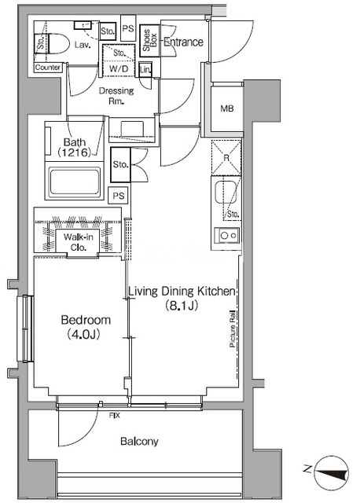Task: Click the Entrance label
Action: [183, 42]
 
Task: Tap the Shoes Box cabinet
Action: [149, 41]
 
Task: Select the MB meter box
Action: [227, 108]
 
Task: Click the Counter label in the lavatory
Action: [48, 68]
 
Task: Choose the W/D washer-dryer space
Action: [119, 60]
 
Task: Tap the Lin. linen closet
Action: [145, 70]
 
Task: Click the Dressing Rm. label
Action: [116, 96]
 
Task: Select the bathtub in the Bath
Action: [75, 181]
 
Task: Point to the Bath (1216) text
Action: [75, 147]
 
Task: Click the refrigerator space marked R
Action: [226, 157]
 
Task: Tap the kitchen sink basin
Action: [226, 192]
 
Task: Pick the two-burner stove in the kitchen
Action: [227, 236]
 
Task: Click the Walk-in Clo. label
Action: [78, 242]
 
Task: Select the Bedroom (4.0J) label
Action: [86, 327]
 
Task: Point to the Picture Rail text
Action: [233, 330]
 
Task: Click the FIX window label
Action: [115, 416]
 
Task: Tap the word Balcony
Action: [139, 442]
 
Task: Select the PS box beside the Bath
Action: [119, 196]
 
